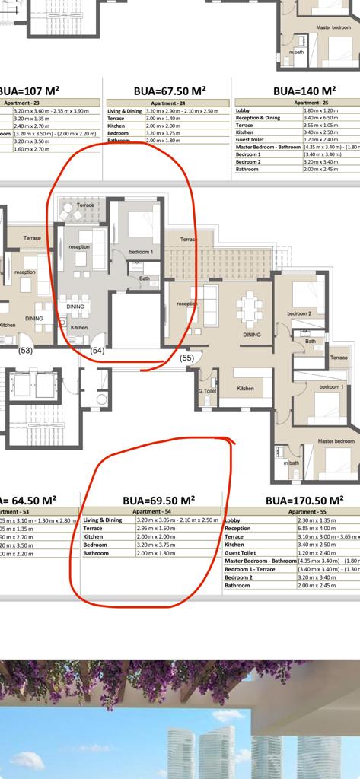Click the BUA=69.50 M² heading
coord(158,500)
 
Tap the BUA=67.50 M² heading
coord(170,90)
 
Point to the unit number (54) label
coord(97,350)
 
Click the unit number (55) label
coord(186,357)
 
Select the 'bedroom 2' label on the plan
coord(299,313)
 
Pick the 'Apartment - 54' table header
coord(151,512)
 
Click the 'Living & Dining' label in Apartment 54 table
coord(103,520)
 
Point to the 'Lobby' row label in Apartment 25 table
coord(243,110)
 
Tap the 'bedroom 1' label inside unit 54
coord(141,252)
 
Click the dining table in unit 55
coord(250,308)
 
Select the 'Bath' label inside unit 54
coord(145,278)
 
